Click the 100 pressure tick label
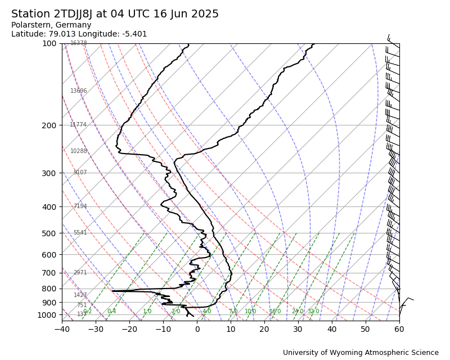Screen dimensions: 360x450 tap(49, 43)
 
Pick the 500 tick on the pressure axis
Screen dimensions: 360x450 tap(49, 233)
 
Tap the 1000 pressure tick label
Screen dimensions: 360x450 tap(47, 315)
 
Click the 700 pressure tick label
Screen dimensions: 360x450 tap(49, 273)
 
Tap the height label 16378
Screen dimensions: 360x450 tap(79, 43)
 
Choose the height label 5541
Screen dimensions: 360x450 tap(80, 233)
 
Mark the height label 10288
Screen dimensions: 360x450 tap(79, 151)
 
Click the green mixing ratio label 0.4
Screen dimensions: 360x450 tap(111, 312)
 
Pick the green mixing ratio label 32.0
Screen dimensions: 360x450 tap(313, 312)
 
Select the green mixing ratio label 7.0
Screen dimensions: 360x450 tap(233, 312)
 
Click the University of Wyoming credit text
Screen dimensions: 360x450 tap(361, 353)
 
